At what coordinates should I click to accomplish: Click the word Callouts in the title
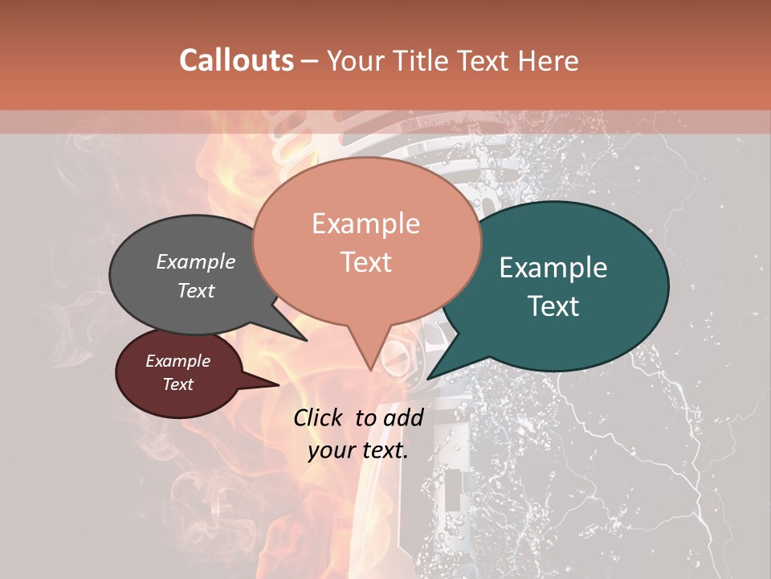click(x=236, y=60)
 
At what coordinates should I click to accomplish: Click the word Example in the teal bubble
click(x=553, y=268)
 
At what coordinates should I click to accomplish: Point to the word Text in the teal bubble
click(x=553, y=306)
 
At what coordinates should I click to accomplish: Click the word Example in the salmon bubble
click(x=365, y=224)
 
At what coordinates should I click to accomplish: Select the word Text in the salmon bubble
click(x=365, y=262)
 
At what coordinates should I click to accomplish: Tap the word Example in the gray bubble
click(x=195, y=262)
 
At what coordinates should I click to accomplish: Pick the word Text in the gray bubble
click(x=195, y=290)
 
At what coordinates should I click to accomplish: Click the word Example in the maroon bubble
click(x=177, y=361)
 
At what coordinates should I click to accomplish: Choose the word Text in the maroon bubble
click(x=177, y=384)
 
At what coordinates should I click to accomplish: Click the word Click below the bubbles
click(x=320, y=417)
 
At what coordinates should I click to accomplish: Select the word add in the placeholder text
click(x=403, y=417)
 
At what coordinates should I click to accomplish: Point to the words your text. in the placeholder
click(x=357, y=450)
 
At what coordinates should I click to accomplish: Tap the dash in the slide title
click(x=310, y=60)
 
